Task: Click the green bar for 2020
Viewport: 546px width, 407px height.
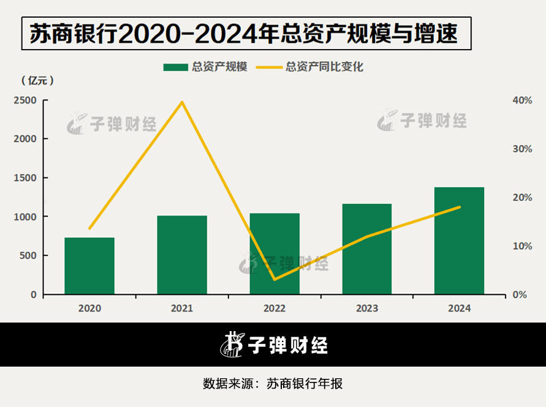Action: tap(89, 266)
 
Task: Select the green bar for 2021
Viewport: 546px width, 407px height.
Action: tap(182, 255)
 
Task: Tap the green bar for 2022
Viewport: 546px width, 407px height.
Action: tap(275, 253)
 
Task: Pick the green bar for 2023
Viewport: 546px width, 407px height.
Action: tap(366, 249)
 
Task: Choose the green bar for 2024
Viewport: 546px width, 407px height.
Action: tap(459, 241)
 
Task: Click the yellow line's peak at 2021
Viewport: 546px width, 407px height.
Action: tap(182, 102)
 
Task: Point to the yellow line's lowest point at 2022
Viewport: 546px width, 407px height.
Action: tap(275, 280)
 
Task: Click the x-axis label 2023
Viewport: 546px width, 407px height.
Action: tap(366, 308)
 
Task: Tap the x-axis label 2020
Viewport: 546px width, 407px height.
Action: tap(89, 308)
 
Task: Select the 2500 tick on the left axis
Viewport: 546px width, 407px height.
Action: tap(26, 100)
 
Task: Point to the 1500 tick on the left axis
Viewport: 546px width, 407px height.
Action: tap(26, 178)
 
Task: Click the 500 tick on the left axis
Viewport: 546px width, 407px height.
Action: tap(28, 256)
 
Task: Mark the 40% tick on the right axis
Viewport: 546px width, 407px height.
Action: tap(522, 100)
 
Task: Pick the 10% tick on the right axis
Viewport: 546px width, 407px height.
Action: tap(522, 246)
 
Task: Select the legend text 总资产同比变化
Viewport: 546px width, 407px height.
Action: tap(324, 67)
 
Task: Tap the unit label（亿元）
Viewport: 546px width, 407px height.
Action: tap(38, 80)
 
